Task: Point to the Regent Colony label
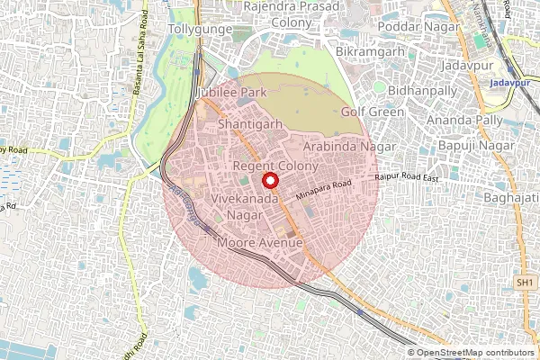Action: click(x=275, y=167)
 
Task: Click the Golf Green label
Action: click(x=373, y=112)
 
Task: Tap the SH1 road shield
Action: click(x=525, y=283)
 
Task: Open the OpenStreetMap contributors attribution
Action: click(x=474, y=353)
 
